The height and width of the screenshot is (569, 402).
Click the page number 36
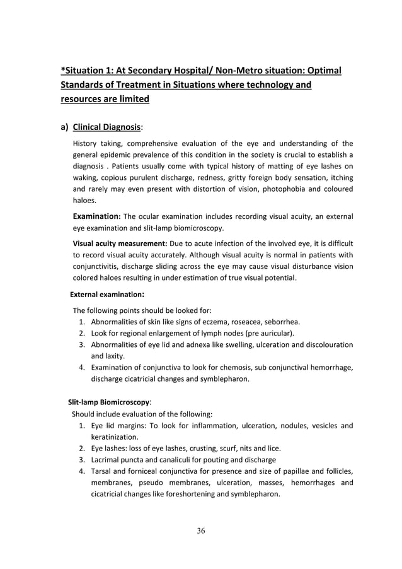(200, 530)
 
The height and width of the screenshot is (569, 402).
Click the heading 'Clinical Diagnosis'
(106, 126)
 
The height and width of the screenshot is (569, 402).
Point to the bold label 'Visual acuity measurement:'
(117, 243)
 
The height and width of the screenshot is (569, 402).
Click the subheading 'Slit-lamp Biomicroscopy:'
(110, 401)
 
